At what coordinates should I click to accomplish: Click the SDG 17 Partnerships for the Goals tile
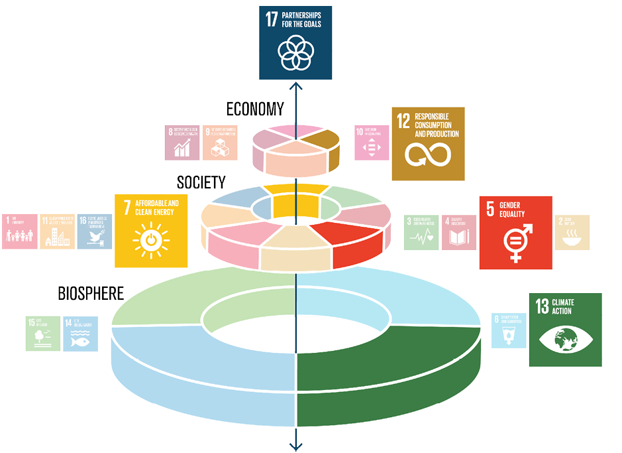pyautogui.click(x=295, y=42)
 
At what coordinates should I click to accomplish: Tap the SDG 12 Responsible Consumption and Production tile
pyautogui.click(x=428, y=143)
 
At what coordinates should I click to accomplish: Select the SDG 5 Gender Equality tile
pyautogui.click(x=515, y=232)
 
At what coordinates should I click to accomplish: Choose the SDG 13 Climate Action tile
pyautogui.click(x=565, y=330)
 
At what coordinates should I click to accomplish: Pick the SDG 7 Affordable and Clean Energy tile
pyautogui.click(x=151, y=231)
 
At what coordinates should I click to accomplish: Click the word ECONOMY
pyautogui.click(x=255, y=109)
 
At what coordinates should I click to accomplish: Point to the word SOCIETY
pyautogui.click(x=201, y=182)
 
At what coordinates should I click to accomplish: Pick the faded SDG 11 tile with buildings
pyautogui.click(x=57, y=231)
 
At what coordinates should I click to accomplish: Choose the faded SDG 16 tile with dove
pyautogui.click(x=95, y=231)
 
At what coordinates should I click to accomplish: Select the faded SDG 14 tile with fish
pyautogui.click(x=80, y=334)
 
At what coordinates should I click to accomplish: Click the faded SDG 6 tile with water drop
pyautogui.click(x=509, y=330)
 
